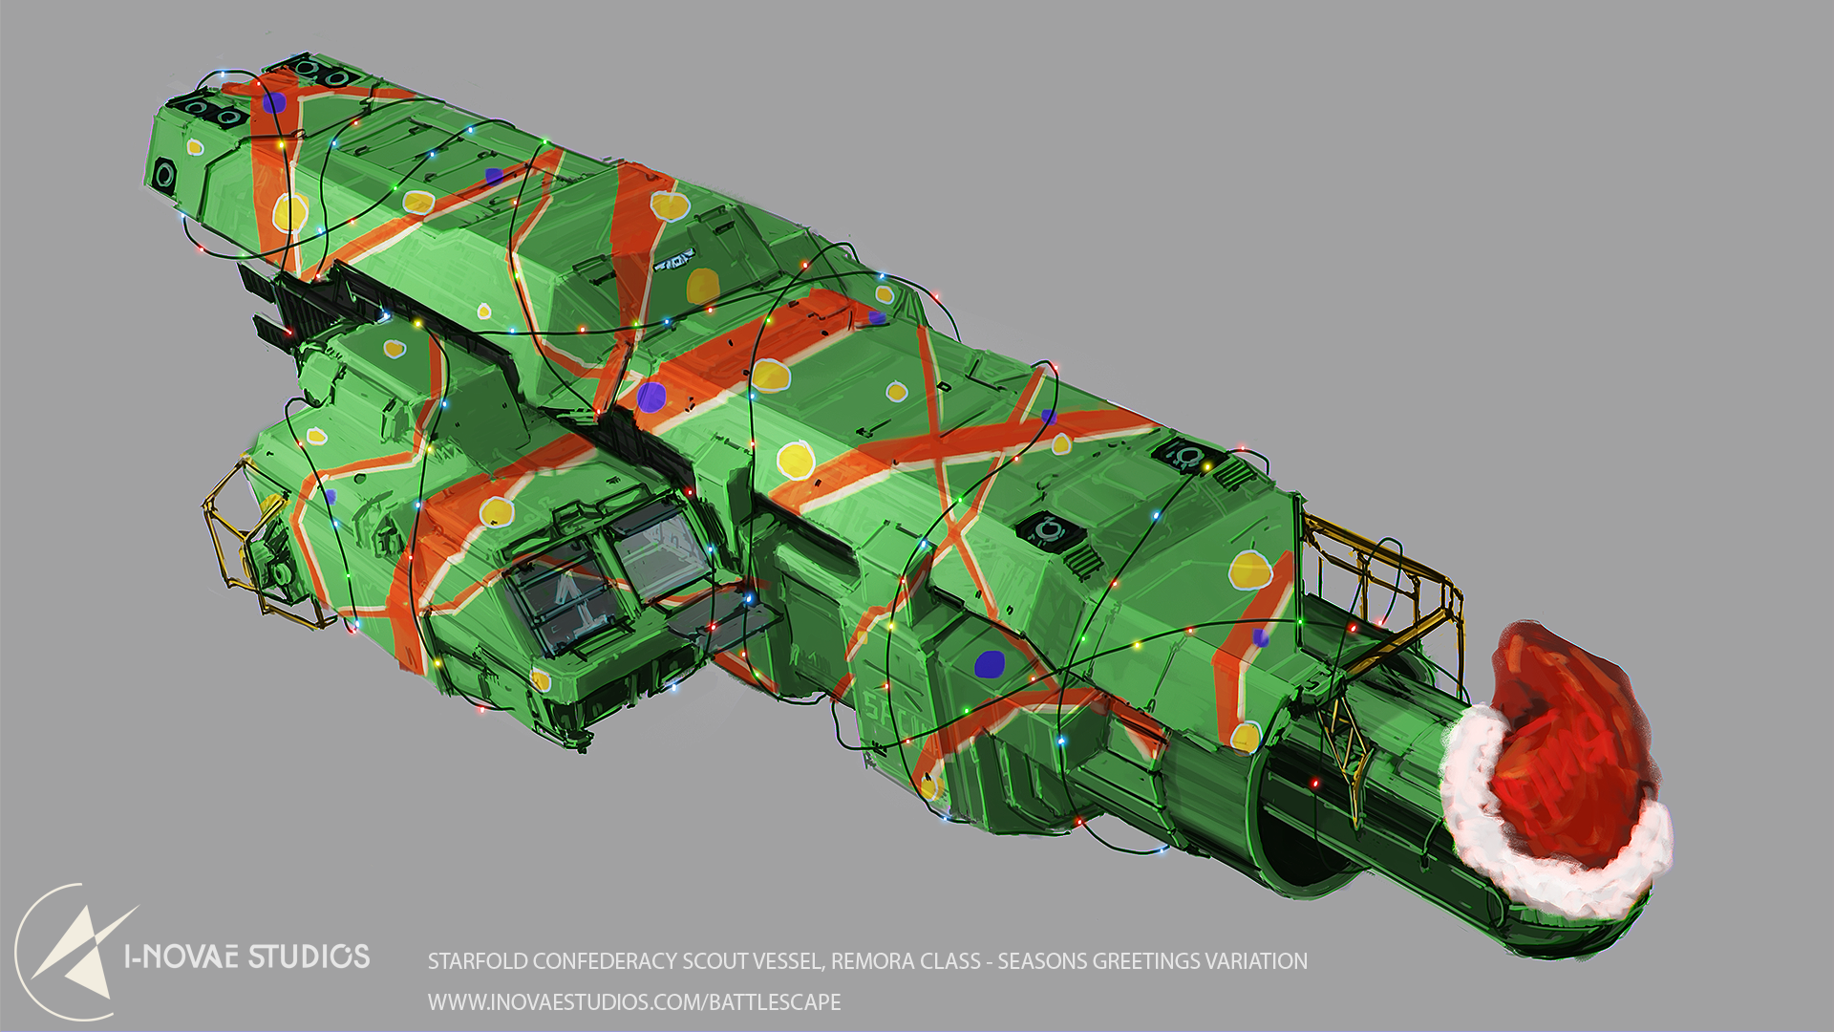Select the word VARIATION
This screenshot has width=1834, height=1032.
coord(1259,961)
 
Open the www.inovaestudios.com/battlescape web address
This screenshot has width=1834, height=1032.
coord(634,1002)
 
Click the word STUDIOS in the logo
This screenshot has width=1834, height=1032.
coord(309,957)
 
